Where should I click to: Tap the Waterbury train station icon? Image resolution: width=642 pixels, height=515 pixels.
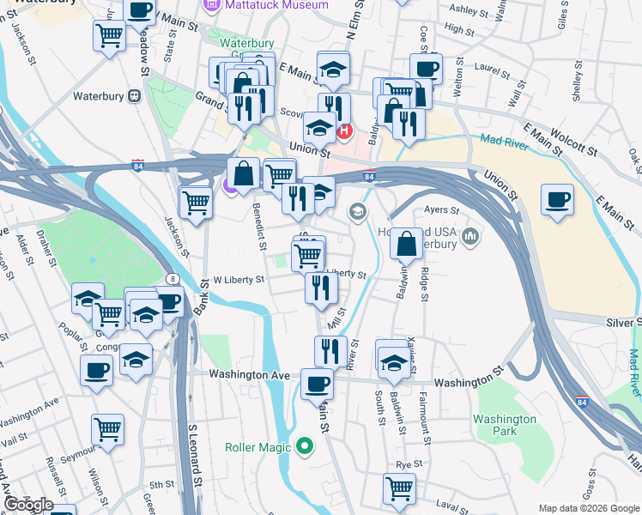click(x=133, y=96)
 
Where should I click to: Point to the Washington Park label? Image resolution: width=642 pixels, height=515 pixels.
click(x=505, y=426)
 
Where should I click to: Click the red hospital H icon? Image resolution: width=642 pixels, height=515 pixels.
click(x=345, y=131)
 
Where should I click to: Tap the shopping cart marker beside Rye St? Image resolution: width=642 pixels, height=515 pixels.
click(x=399, y=488)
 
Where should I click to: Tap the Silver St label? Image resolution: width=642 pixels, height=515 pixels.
click(x=625, y=321)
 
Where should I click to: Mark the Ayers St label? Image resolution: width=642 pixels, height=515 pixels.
click(x=442, y=209)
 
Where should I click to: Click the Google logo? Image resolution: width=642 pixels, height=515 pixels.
click(x=28, y=505)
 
